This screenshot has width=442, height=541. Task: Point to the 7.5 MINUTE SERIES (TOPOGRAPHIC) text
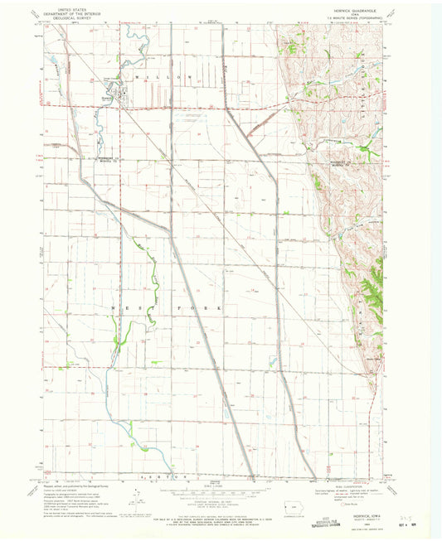365,17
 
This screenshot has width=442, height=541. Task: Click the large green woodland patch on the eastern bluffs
369,286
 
